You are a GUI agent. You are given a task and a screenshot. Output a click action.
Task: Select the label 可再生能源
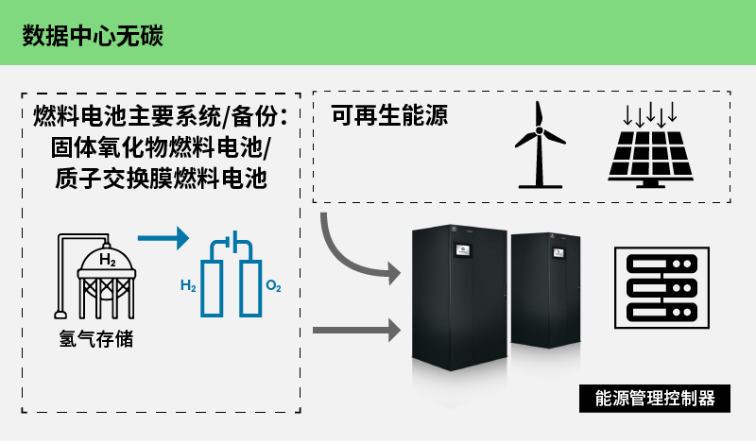(388, 116)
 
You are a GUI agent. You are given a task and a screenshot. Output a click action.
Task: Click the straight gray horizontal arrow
(354, 330)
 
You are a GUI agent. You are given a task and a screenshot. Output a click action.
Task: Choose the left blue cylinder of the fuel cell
(215, 283)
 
